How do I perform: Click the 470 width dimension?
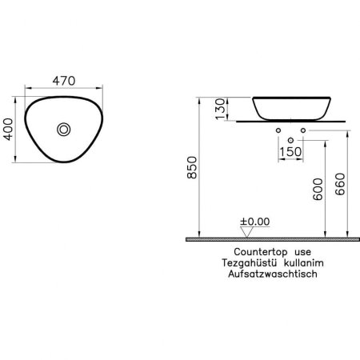point(64,81)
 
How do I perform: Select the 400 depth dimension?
point(8,130)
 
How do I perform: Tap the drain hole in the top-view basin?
point(64,130)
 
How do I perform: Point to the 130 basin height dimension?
point(221,109)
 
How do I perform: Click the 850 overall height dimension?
point(192,167)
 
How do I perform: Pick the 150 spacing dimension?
point(290,152)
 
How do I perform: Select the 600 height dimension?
point(318,190)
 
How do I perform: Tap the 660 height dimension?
point(340,184)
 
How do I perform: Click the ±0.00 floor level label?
point(255,222)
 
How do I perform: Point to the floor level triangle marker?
point(246,232)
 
